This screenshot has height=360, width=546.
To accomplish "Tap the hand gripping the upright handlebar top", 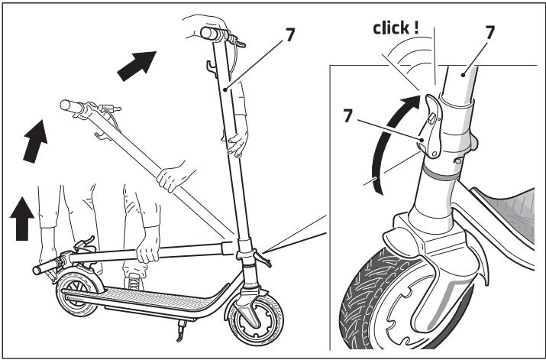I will pos(200,28).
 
